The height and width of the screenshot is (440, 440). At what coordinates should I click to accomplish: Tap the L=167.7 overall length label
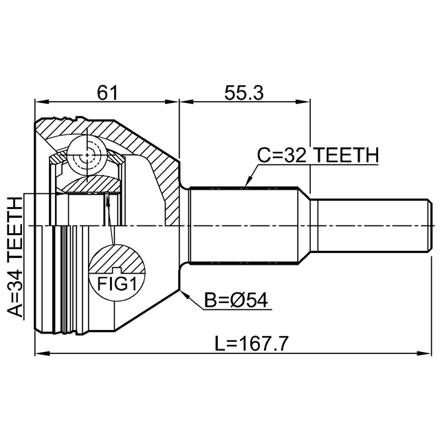click(x=251, y=344)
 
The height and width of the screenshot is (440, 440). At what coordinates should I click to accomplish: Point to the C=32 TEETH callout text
click(x=318, y=155)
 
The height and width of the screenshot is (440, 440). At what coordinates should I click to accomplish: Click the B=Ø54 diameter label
click(x=236, y=300)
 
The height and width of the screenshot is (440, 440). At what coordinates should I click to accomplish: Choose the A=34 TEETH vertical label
click(x=14, y=257)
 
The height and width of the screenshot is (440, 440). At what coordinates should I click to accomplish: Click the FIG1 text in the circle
click(x=117, y=284)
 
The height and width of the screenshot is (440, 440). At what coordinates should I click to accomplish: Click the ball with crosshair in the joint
click(x=87, y=155)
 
